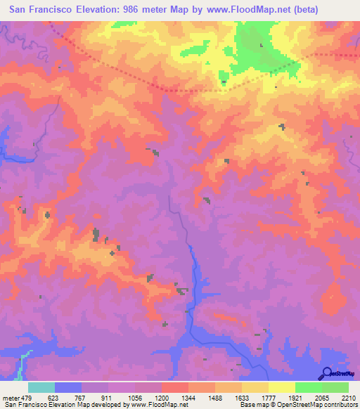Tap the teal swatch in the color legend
pos(41,387)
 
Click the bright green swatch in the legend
pos(309,387)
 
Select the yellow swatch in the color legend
pos(282,387)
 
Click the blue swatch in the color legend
pos(68,387)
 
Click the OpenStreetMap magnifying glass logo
pos(326,374)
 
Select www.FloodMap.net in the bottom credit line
pos(163,404)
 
